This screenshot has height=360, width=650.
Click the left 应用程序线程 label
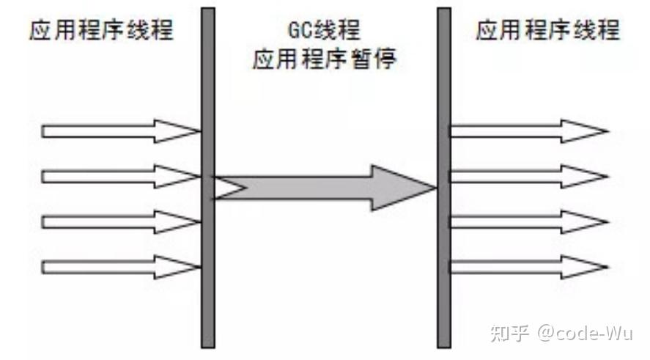102,31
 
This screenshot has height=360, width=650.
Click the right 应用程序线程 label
547,31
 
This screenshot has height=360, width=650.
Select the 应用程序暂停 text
325,59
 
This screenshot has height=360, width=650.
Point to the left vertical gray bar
208,176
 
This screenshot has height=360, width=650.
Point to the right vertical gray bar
444,176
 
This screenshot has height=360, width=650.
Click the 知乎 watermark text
510,334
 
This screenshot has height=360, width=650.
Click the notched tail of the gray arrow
227,188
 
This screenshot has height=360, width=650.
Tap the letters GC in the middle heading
299,32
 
